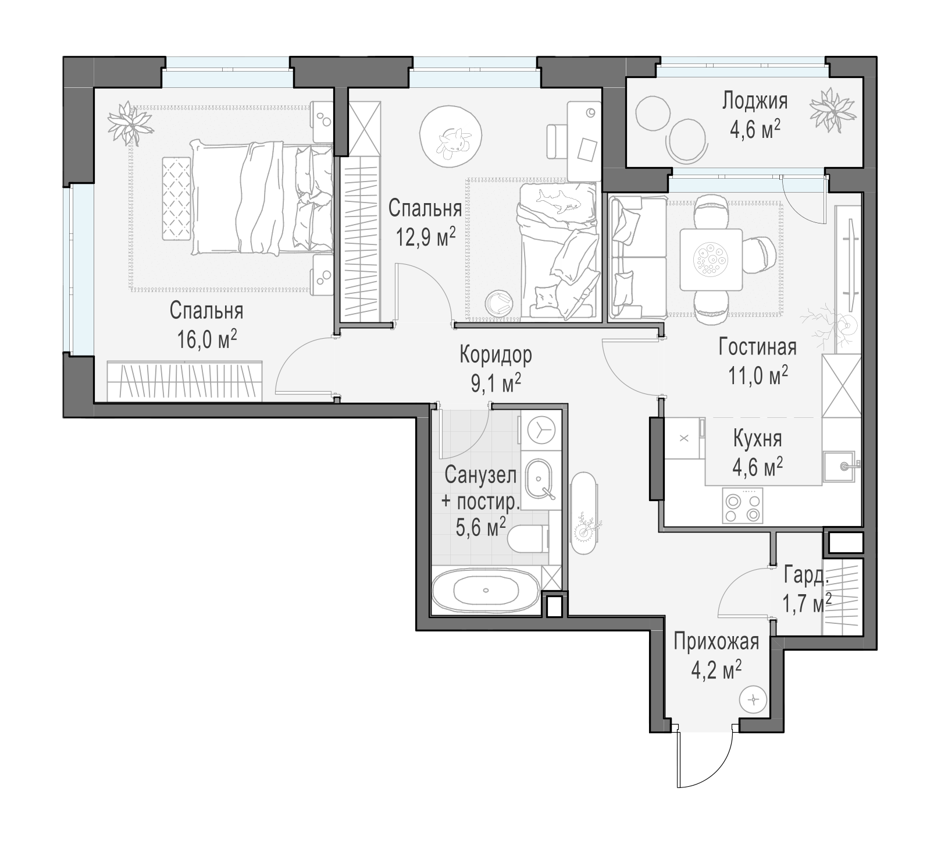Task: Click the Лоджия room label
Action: pyautogui.click(x=755, y=101)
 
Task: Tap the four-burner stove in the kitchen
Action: pyautogui.click(x=742, y=506)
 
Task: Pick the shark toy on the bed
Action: pyautogui.click(x=558, y=201)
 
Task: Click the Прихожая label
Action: pyautogui.click(x=717, y=642)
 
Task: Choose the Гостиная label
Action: pyautogui.click(x=757, y=347)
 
